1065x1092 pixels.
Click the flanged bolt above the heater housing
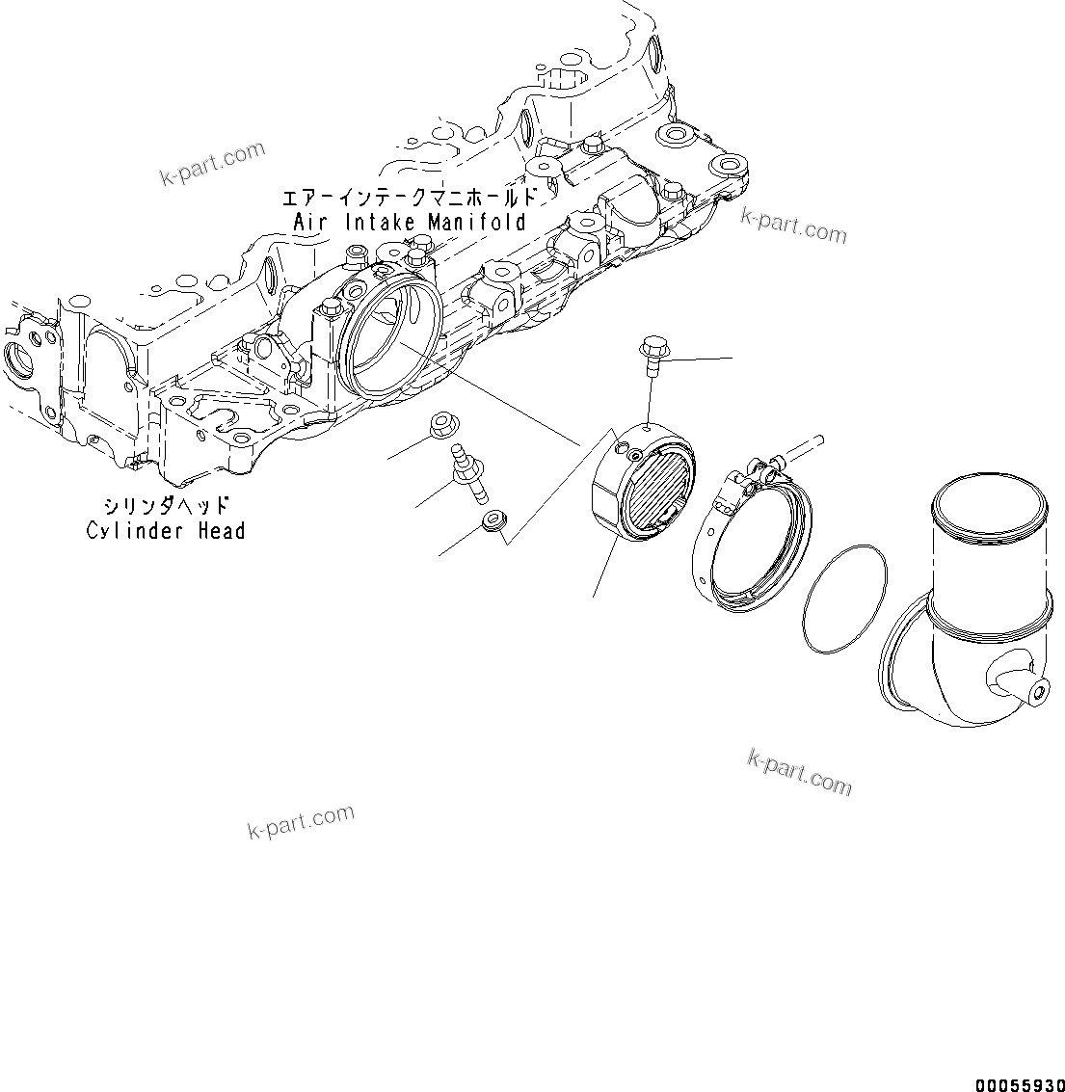click(x=652, y=353)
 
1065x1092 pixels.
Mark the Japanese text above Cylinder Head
click(x=167, y=506)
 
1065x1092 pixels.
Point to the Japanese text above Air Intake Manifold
click(x=406, y=198)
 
